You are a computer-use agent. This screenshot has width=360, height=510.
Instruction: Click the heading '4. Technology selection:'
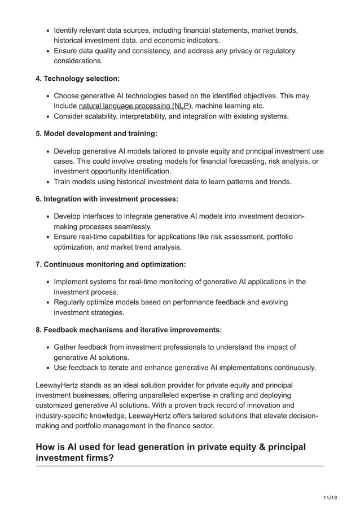pos(77,78)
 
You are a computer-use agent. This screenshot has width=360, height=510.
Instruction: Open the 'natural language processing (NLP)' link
pos(135,106)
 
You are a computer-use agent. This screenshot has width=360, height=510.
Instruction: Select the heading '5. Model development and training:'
pos(96,133)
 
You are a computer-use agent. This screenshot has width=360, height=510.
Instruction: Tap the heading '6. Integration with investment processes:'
pos(107,199)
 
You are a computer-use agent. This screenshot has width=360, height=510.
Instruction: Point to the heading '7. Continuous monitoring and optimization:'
pos(111,264)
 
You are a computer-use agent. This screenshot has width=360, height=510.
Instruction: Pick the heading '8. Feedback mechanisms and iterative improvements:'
pos(129,329)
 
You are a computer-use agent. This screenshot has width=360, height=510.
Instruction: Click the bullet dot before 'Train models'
pos(48,182)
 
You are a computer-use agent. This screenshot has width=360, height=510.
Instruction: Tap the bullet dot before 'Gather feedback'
pos(48,347)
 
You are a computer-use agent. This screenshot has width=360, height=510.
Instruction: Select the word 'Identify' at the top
pos(68,29)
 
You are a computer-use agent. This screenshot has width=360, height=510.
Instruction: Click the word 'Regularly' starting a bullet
pos(72,302)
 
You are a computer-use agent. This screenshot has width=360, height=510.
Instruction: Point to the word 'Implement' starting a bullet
pos(73,281)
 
